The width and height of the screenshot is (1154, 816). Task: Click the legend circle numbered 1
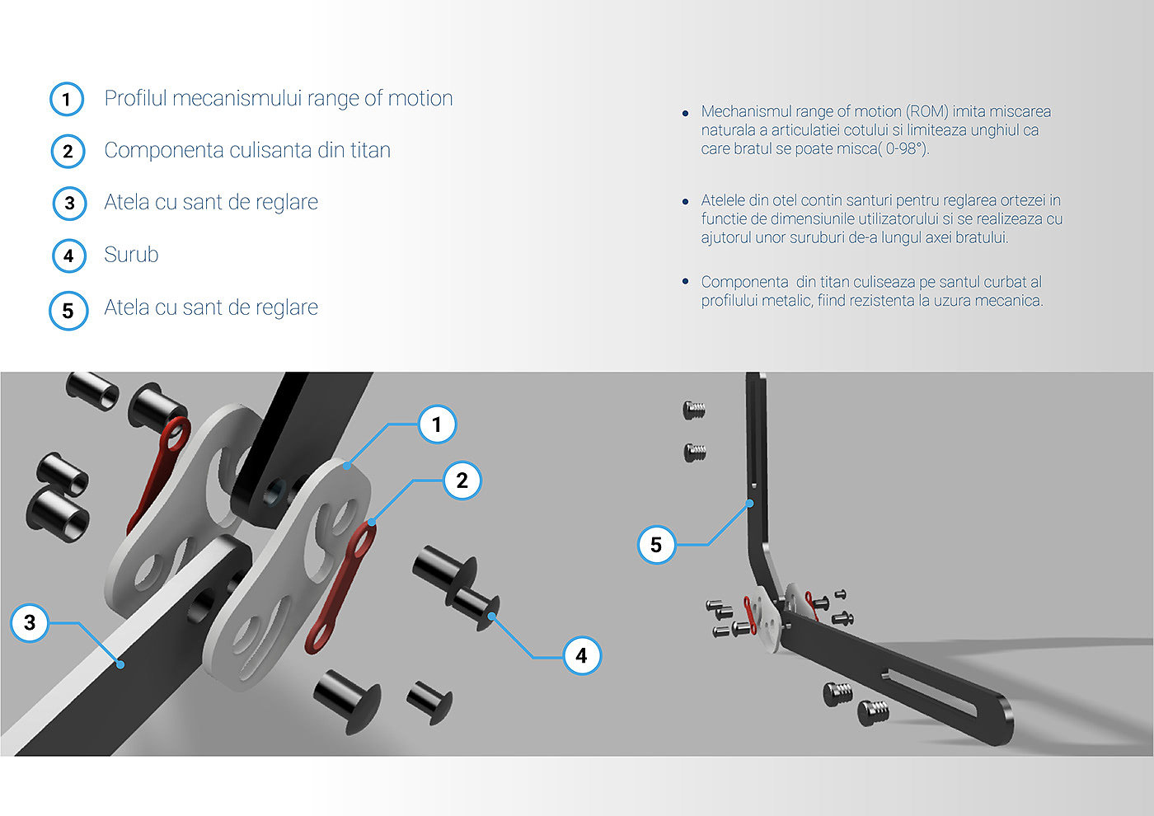pyautogui.click(x=67, y=100)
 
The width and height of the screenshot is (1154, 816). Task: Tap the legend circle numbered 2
pyautogui.click(x=68, y=152)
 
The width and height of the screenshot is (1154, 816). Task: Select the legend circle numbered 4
pyautogui.click(x=68, y=256)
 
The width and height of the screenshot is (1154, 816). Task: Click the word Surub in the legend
pyautogui.click(x=131, y=255)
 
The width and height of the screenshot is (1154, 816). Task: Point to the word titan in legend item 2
pyautogui.click(x=368, y=150)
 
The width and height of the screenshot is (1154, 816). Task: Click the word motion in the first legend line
pyautogui.click(x=420, y=98)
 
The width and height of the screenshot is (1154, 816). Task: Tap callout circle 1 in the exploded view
pyautogui.click(x=437, y=424)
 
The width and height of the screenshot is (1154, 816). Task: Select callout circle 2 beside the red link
pyautogui.click(x=462, y=481)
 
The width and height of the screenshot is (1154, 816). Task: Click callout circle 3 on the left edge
pyautogui.click(x=30, y=622)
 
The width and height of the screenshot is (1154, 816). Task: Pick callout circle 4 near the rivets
pyautogui.click(x=581, y=655)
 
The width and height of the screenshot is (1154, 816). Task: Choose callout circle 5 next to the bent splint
pyautogui.click(x=656, y=545)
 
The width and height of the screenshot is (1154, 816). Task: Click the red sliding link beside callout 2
pyautogui.click(x=341, y=587)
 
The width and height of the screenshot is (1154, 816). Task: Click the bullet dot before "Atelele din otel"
pyautogui.click(x=686, y=201)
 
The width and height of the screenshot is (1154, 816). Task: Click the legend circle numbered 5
pyautogui.click(x=68, y=311)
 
